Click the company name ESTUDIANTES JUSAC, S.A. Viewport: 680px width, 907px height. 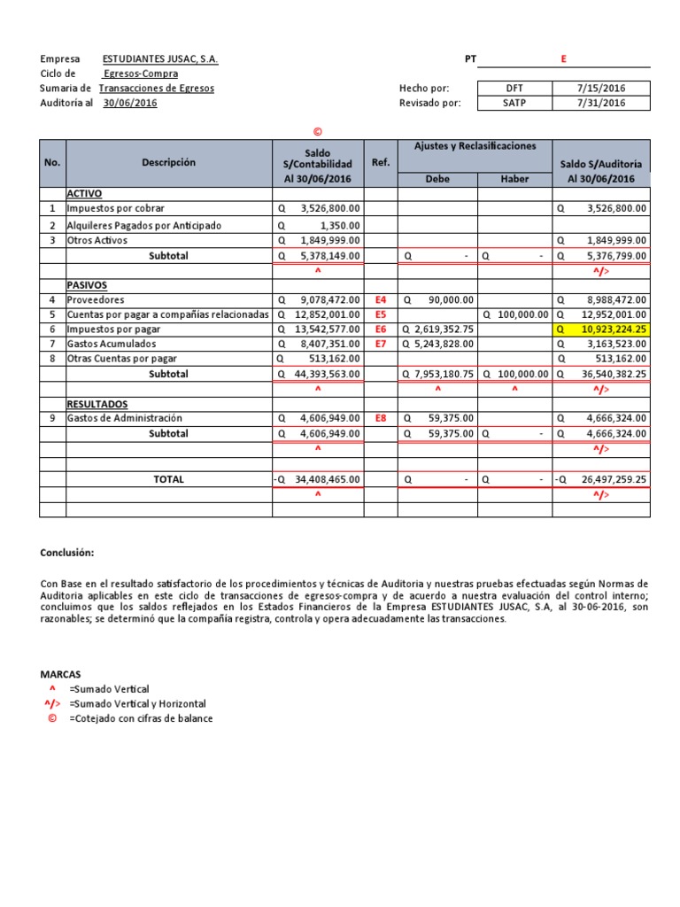pos(160,59)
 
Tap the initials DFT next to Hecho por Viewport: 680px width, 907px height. pos(514,88)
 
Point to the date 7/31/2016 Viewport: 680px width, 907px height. pos(601,103)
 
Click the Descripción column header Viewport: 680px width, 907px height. pos(168,162)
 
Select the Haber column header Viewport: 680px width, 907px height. pos(514,178)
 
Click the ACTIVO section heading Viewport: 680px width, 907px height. pos(86,193)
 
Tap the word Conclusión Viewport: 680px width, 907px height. pos(66,553)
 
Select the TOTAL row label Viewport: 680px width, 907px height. pos(168,479)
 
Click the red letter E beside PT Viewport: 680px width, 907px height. pos(563,59)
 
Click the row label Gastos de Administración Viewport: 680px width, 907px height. pos(125,418)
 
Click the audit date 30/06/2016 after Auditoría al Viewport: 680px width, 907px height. pos(130,103)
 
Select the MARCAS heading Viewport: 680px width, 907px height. pos(60,673)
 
